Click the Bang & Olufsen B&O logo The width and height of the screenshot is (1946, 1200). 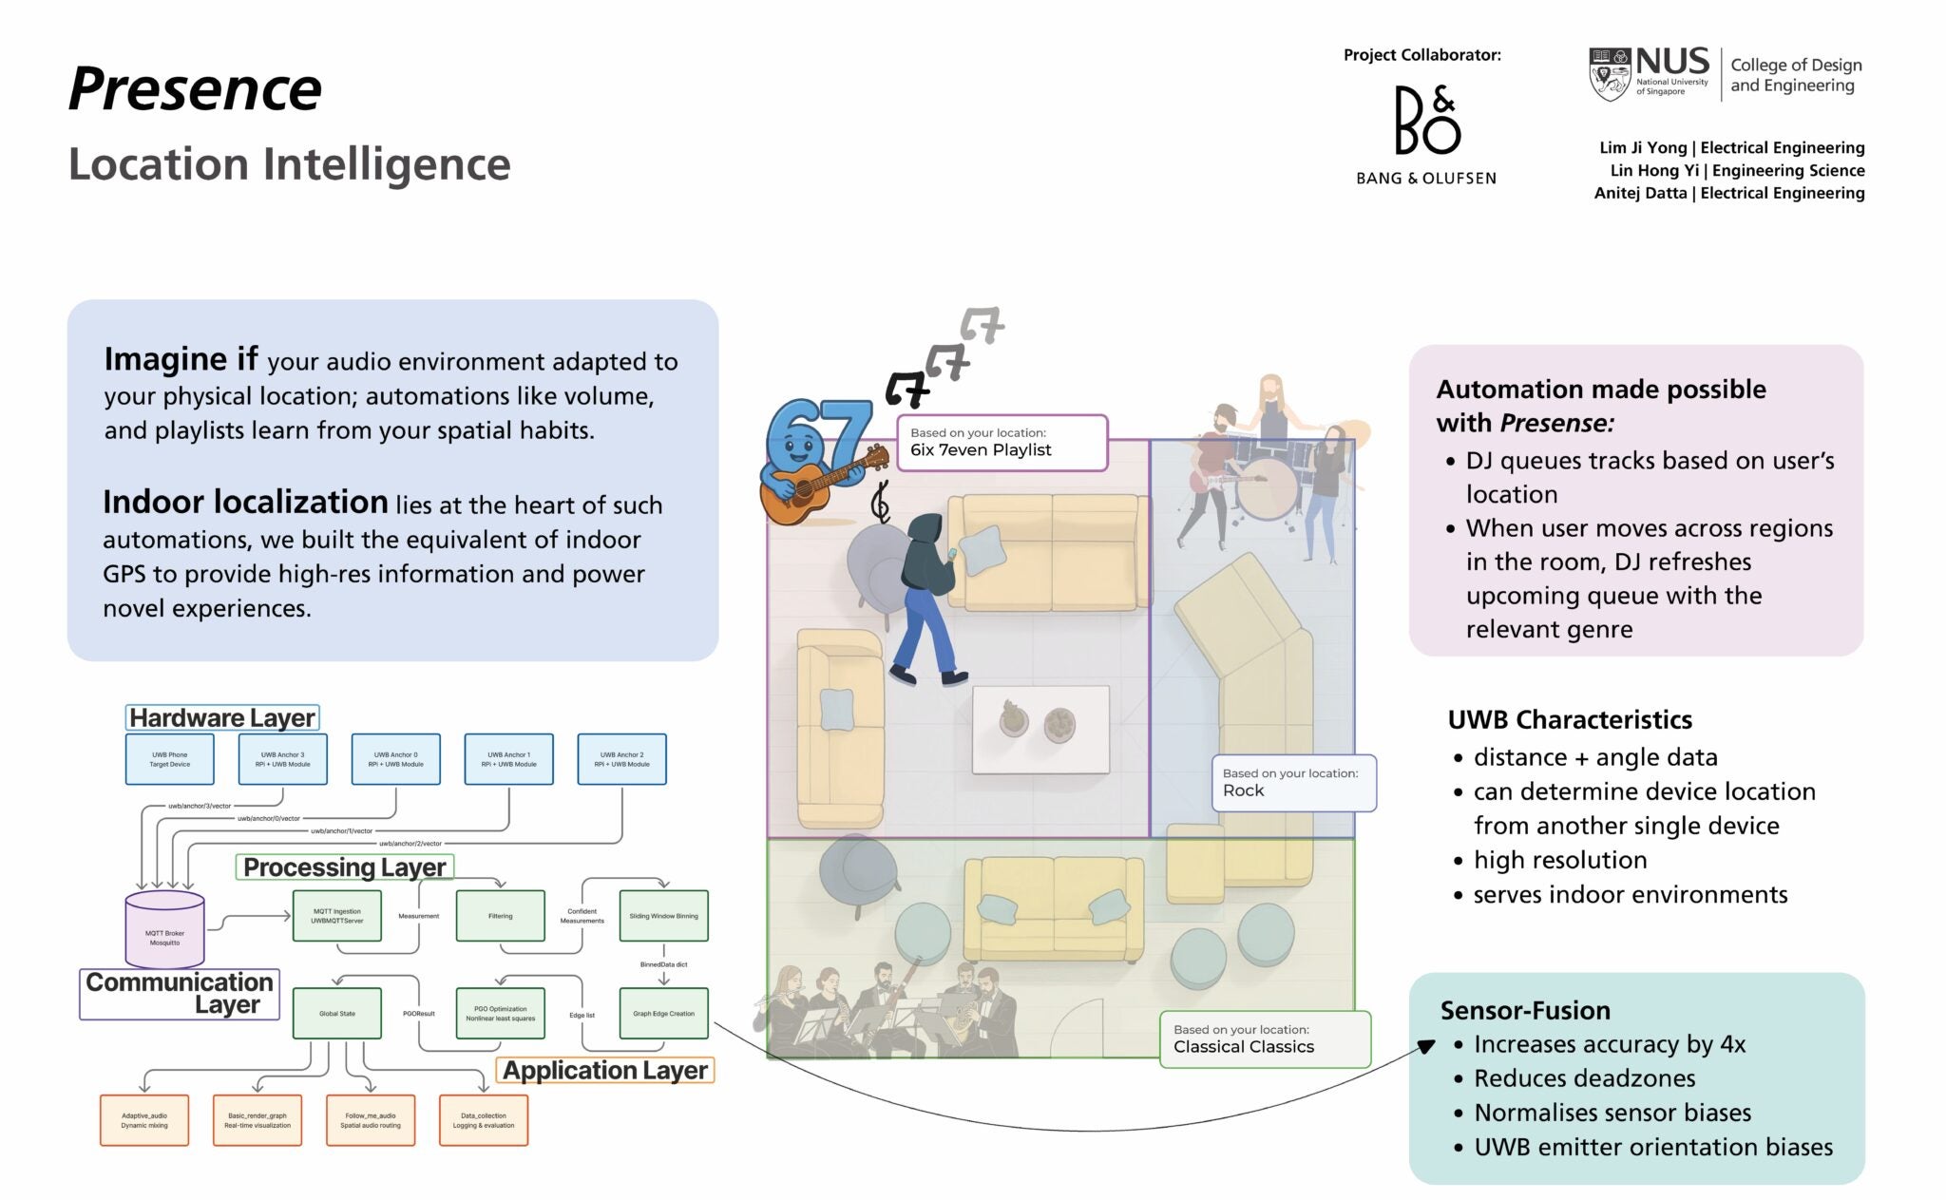(x=1426, y=120)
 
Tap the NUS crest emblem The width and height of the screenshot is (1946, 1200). (x=1610, y=75)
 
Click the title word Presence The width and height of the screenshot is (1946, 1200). (x=196, y=89)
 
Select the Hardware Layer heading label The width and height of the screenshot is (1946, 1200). (x=222, y=717)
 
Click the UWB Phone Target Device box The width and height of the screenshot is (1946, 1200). (x=170, y=759)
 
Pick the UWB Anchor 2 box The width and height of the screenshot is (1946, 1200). (x=621, y=759)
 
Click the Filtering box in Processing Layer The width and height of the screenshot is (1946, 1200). (x=501, y=916)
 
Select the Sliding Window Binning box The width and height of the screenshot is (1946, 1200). (x=663, y=916)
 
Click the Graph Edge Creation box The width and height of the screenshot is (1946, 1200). (x=663, y=1013)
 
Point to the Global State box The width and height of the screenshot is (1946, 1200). (x=337, y=1013)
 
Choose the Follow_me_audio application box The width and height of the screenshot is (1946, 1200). (x=371, y=1120)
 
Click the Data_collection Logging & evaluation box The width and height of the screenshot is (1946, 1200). (x=484, y=1120)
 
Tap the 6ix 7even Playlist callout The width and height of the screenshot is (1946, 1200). (x=1002, y=443)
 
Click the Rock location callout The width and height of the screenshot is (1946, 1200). (x=1293, y=783)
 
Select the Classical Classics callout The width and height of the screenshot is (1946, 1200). (x=1265, y=1039)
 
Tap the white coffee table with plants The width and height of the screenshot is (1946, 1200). (x=1040, y=729)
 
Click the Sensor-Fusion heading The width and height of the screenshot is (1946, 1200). (x=1524, y=1010)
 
